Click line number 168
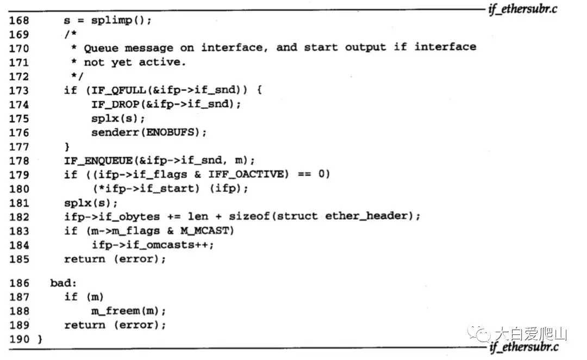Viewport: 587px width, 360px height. (x=20, y=20)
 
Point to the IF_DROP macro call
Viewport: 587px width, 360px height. (x=115, y=104)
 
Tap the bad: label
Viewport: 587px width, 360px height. (x=61, y=282)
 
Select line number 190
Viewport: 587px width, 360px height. (x=20, y=339)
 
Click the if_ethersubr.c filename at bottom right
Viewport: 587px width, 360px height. (x=523, y=347)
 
